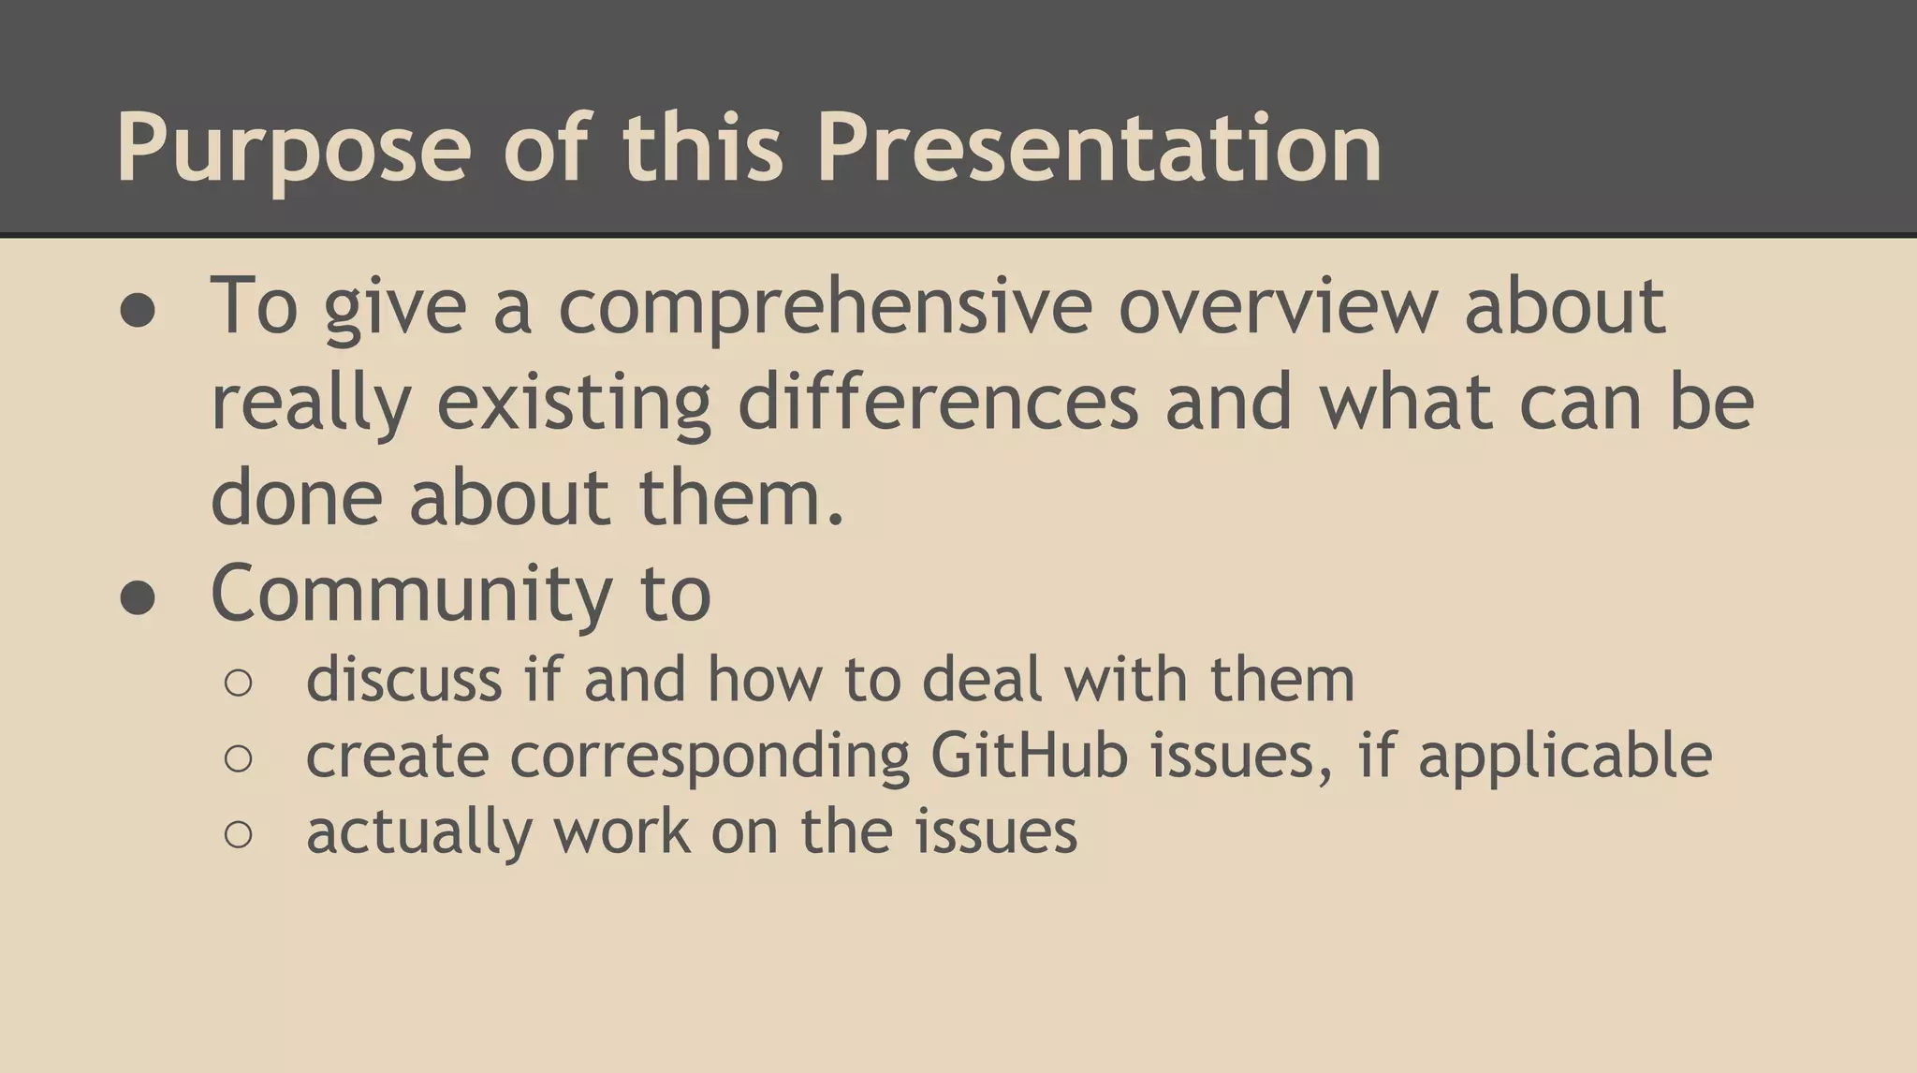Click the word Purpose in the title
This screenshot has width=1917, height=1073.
click(293, 150)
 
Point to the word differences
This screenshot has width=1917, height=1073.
click(938, 402)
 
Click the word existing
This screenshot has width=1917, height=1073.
click(574, 404)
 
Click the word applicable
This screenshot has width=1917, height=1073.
click(1564, 757)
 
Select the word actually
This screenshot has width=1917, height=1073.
click(418, 831)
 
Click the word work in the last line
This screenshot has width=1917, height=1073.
click(622, 831)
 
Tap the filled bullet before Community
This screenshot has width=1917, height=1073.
click(138, 596)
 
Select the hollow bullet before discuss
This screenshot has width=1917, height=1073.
click(239, 683)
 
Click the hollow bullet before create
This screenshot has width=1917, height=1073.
click(239, 758)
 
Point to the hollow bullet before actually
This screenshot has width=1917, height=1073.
click(239, 834)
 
